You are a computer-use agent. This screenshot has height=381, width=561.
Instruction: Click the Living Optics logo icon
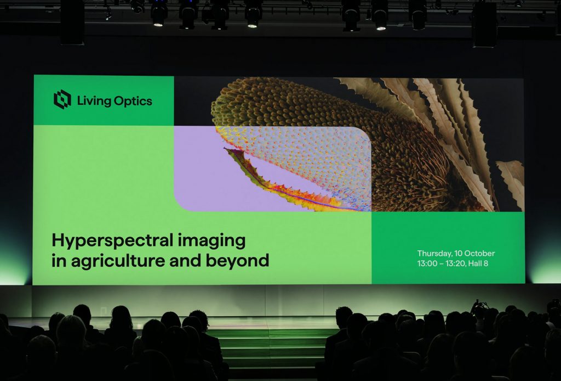click(62, 99)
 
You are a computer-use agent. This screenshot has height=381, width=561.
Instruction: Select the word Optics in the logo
click(133, 101)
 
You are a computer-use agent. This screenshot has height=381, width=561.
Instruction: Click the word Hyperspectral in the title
click(113, 241)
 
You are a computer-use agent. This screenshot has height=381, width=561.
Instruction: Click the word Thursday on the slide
click(434, 254)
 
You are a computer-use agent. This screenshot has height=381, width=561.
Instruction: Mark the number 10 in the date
click(459, 254)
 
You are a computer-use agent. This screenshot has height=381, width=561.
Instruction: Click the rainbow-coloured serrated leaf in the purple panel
click(283, 183)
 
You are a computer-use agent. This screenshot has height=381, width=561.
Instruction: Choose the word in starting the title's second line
click(59, 260)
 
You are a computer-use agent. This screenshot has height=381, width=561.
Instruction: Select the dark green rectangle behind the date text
click(448, 248)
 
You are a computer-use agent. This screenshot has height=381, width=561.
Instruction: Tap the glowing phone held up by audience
click(480, 306)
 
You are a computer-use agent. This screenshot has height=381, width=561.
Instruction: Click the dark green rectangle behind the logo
click(104, 100)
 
